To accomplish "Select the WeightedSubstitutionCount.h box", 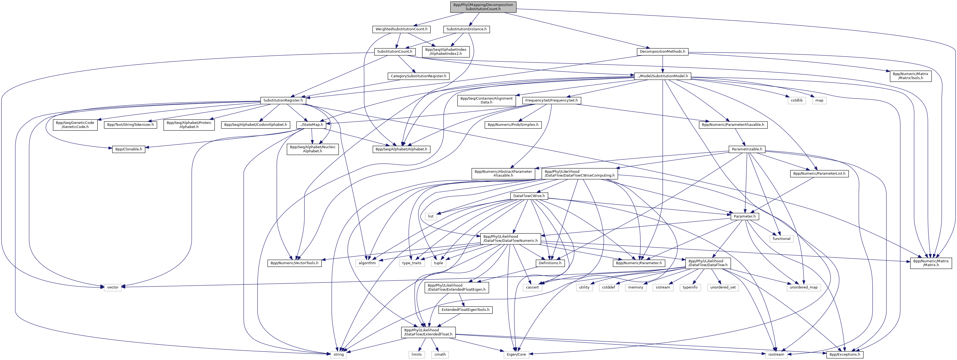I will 401,29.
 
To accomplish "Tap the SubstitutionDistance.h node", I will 466,29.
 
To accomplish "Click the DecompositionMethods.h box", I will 663,52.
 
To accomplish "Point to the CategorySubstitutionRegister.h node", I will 418,76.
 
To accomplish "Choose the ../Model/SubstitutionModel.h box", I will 662,76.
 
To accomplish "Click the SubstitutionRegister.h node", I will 283,100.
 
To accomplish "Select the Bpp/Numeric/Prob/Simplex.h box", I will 513,125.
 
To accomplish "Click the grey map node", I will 819,100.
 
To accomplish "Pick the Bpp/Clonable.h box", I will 128,149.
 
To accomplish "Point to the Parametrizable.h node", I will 747,149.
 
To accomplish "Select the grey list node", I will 430,216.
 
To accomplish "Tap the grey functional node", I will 782,239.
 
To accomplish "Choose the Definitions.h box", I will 550,263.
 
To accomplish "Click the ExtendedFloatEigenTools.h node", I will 465,310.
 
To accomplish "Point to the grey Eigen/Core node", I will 516,355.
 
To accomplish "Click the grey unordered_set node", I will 723,288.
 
